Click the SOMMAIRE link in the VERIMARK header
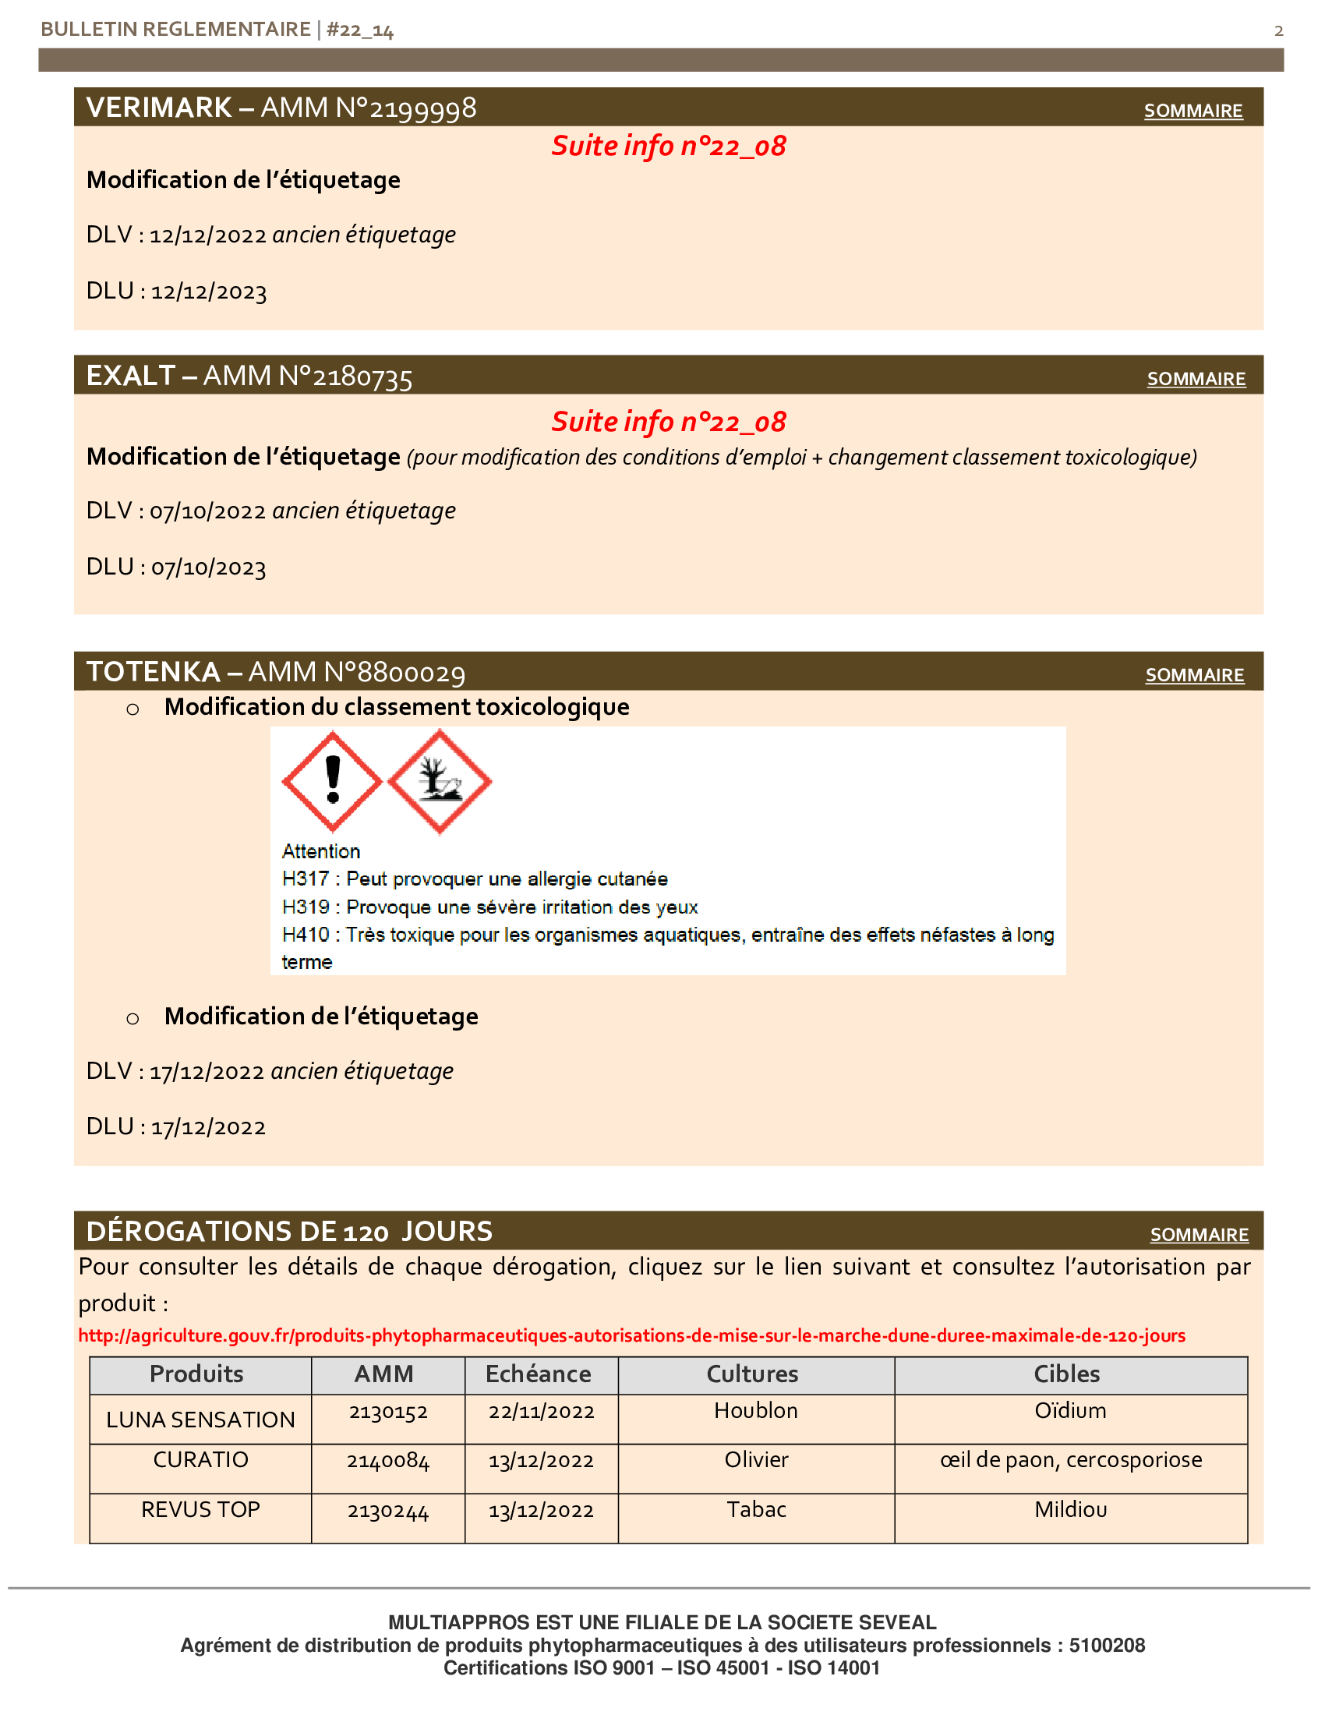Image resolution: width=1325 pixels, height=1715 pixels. [x=1192, y=111]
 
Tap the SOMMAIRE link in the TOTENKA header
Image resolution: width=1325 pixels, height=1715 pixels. [x=1194, y=674]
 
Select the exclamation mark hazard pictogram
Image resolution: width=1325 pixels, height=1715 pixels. [x=332, y=780]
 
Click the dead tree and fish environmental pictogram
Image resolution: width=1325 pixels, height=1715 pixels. [x=440, y=780]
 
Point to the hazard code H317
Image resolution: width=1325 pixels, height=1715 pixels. [x=305, y=879]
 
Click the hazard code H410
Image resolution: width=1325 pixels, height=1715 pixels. [x=305, y=935]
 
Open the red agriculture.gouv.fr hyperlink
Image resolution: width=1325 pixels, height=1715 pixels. [x=631, y=1335]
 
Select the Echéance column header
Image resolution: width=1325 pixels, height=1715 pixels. [x=538, y=1374]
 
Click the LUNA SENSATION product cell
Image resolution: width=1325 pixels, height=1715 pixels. [x=200, y=1419]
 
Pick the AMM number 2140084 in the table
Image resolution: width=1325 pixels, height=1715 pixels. [x=388, y=1461]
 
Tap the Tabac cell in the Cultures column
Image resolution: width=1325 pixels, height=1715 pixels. [x=756, y=1509]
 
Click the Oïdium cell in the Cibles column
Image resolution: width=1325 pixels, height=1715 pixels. [x=1070, y=1410]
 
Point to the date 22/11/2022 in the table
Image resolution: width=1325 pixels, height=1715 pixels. [x=541, y=1411]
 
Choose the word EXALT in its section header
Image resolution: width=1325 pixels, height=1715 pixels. [x=130, y=376]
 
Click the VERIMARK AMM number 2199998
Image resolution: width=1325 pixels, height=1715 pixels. [x=422, y=108]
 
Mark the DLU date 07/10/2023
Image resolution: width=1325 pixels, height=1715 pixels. [x=208, y=567]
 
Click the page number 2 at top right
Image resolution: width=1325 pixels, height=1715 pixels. [x=1279, y=30]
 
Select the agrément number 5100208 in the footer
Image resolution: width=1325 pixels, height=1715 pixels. [x=1107, y=1645]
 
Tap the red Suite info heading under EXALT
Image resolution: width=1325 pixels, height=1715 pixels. [x=668, y=422]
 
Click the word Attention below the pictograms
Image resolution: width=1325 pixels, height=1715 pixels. [x=320, y=851]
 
